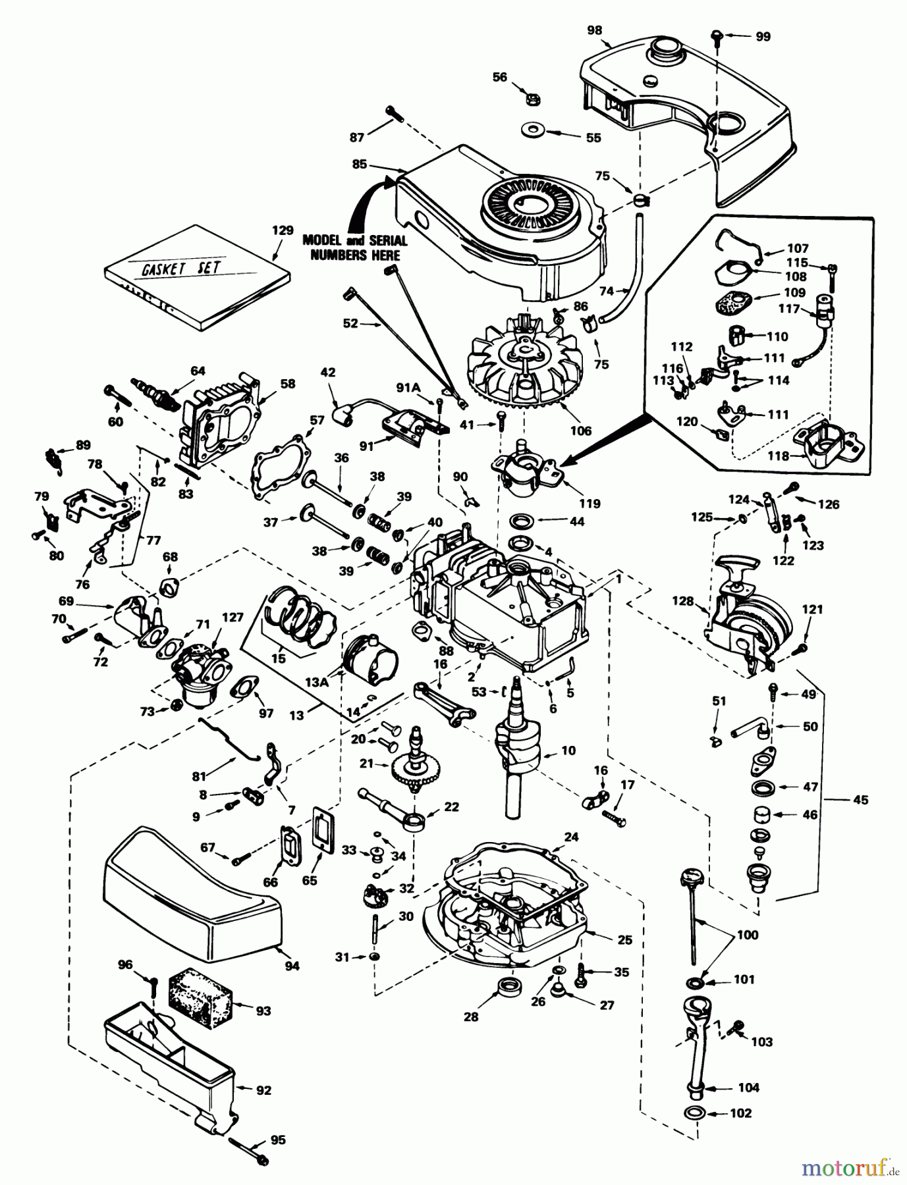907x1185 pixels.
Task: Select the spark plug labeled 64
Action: click(155, 390)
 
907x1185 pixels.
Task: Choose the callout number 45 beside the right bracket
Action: click(860, 800)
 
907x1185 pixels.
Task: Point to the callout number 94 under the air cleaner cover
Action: click(292, 965)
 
